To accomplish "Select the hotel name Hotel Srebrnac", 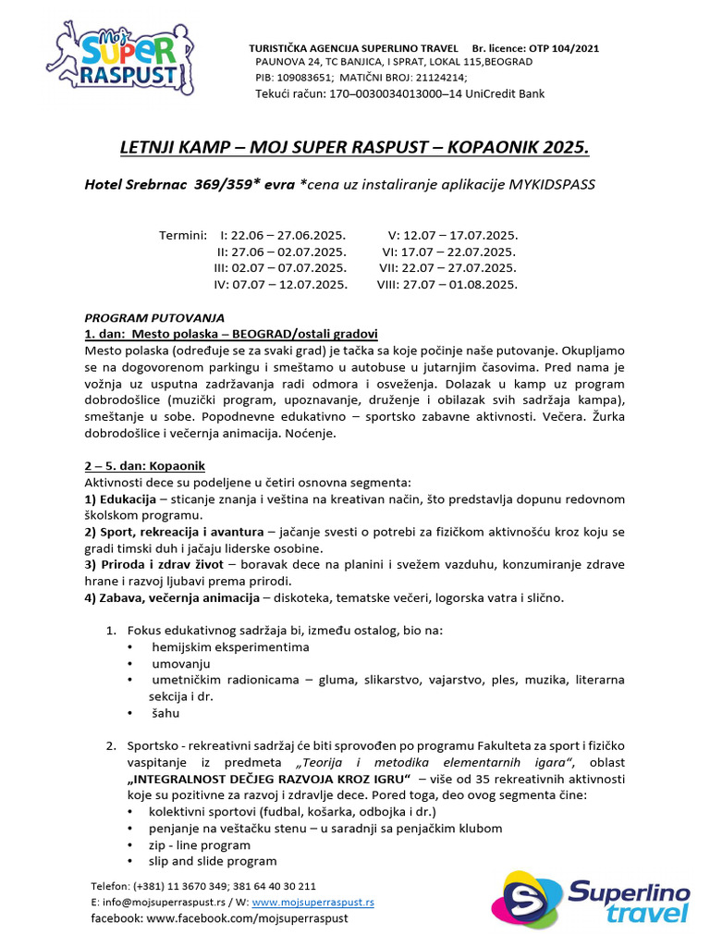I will click(x=137, y=185).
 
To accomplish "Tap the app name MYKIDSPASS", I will click(x=548, y=185).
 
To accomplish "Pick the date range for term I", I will click(x=288, y=235).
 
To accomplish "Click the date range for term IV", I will click(x=290, y=284).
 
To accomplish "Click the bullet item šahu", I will click(x=165, y=713).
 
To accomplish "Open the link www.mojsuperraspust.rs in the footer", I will click(x=312, y=901).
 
